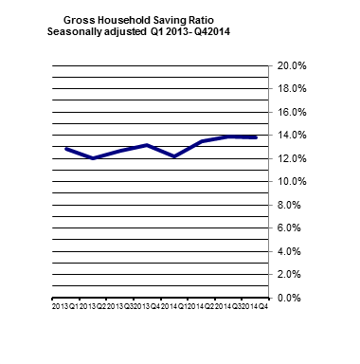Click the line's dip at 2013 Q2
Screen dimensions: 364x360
93,158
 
